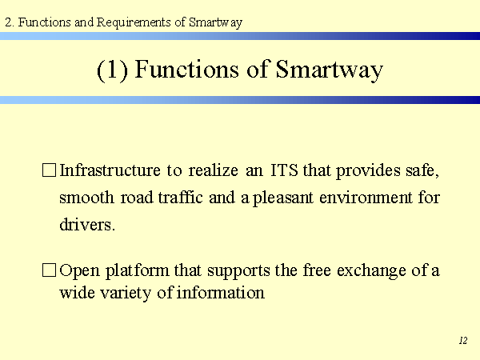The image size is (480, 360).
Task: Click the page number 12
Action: [x=463, y=341]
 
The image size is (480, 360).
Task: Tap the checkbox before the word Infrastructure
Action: [x=49, y=170]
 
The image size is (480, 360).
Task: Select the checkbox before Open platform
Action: [x=49, y=270]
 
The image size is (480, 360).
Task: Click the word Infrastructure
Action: [x=110, y=170]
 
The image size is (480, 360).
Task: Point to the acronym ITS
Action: [x=284, y=170]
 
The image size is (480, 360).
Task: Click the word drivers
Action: [x=87, y=224]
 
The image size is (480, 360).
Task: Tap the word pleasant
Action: [x=283, y=198]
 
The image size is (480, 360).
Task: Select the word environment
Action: [x=366, y=198]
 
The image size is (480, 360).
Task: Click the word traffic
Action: [x=180, y=197]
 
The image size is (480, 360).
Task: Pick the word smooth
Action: [x=86, y=197]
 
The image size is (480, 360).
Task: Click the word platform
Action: [x=137, y=270]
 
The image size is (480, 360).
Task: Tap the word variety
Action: [x=126, y=293]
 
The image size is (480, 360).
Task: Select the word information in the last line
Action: [x=221, y=292]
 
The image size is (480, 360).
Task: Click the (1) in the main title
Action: [x=112, y=70]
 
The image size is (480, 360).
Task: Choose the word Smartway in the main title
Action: [x=329, y=70]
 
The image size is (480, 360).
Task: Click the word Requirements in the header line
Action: [x=134, y=22]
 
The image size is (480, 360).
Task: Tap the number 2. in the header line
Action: [x=10, y=22]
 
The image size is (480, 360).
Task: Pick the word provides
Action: [x=368, y=170]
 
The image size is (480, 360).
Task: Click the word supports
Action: [x=238, y=271]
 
